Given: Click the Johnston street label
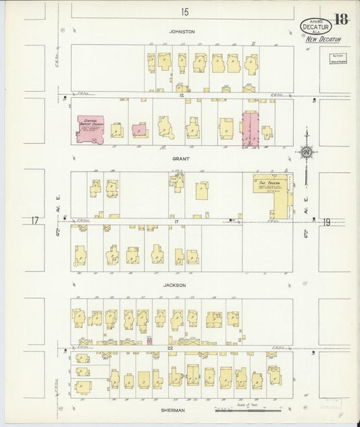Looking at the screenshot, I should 182,32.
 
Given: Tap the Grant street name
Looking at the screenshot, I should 181,159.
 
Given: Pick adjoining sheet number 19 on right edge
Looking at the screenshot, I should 326,221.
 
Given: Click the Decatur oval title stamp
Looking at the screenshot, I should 316,26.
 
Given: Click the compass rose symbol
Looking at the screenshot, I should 306,153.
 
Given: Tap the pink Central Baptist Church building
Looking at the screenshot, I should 89,128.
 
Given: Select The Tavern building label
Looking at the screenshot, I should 269,182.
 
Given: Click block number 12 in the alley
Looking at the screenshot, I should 182,95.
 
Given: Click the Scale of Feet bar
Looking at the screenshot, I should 247,408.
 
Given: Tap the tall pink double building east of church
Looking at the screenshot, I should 251,129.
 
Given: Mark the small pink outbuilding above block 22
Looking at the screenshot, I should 149,341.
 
